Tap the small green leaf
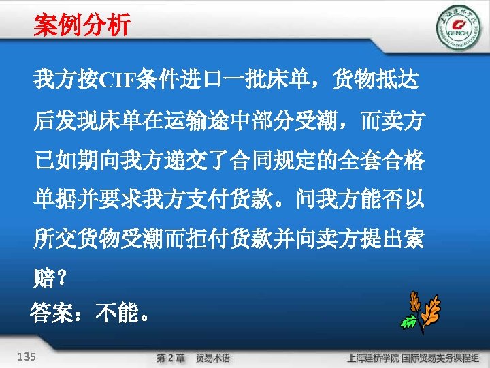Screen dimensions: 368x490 click(x=409, y=321)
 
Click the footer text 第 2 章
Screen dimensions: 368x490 click(x=170, y=357)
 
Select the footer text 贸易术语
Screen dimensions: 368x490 click(x=213, y=357)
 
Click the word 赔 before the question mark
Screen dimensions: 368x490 click(x=43, y=278)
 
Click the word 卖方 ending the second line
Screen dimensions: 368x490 click(x=402, y=123)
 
